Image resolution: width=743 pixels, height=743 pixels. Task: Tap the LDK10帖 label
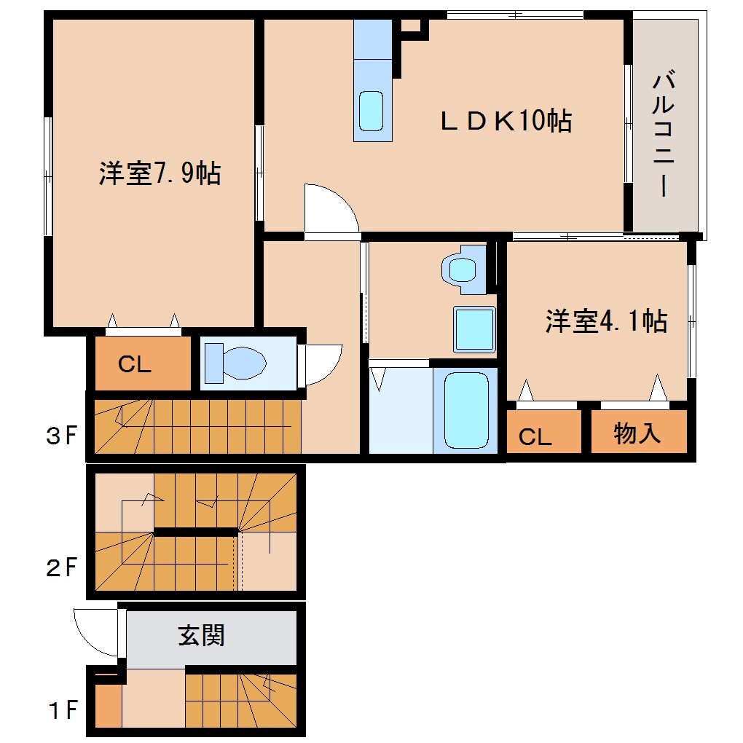(x=506, y=121)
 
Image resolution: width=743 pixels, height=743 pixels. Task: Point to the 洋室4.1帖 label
(x=606, y=321)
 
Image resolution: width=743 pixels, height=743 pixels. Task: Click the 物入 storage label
(x=637, y=434)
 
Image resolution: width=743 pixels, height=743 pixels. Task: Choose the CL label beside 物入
(x=535, y=436)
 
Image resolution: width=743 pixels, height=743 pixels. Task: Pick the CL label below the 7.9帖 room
(x=135, y=365)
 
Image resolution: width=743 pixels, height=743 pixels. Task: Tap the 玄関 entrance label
(x=201, y=636)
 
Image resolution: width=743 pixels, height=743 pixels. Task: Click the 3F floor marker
(x=61, y=436)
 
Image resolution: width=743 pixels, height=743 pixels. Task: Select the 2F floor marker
(x=61, y=567)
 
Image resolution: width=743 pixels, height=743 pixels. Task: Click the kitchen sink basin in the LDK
(x=371, y=111)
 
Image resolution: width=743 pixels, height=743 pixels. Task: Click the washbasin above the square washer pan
(x=463, y=269)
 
